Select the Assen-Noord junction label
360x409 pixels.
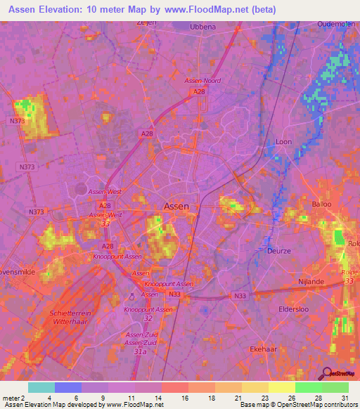[x=202, y=81]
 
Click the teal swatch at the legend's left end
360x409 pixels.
[x=41, y=387]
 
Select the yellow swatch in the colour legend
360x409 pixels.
[x=282, y=387]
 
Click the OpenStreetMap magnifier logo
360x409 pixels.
[x=327, y=373]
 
